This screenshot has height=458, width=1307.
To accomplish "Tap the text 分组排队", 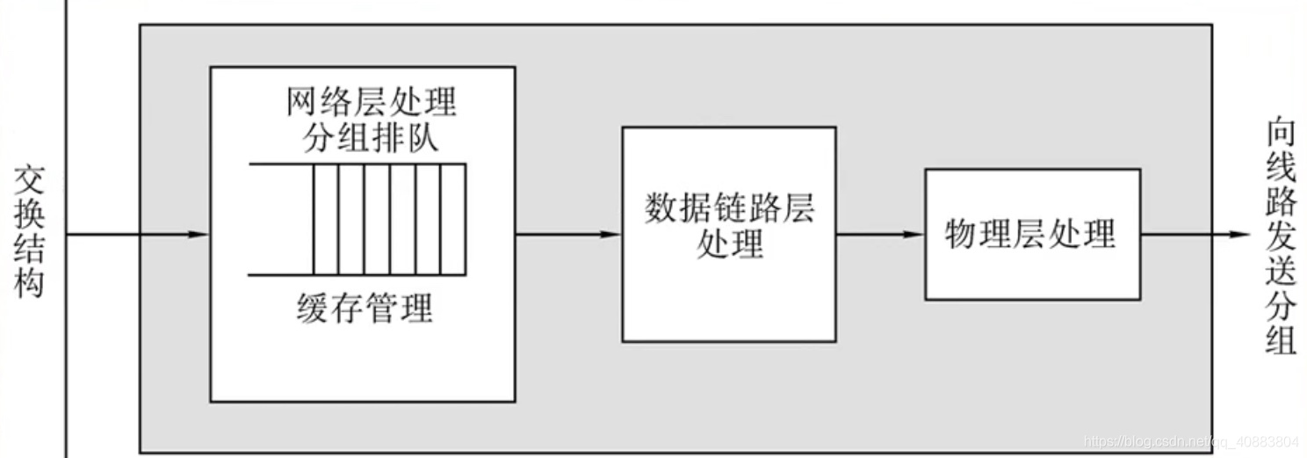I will tap(371, 139).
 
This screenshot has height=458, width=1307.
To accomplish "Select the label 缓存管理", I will tap(365, 309).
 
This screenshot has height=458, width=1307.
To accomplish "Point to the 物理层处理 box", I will tap(1032, 235).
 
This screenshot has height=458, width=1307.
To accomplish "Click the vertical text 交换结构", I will tap(29, 232).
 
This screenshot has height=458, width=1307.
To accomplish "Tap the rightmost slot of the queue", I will tap(452, 220).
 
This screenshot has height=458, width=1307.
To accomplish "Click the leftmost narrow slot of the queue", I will tap(326, 220).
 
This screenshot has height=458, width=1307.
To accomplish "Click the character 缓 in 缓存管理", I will tap(313, 309).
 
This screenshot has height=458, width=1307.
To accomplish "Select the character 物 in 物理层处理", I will tap(962, 235).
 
